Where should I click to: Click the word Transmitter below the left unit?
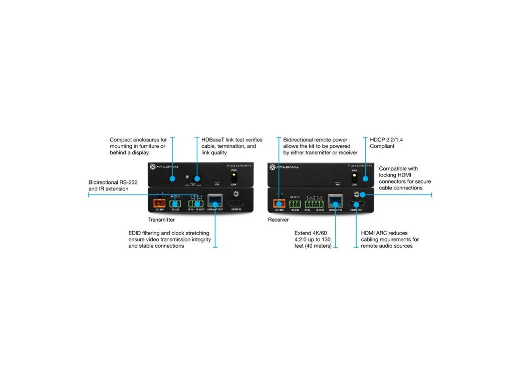pos(161,220)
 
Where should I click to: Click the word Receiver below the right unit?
pos(278,220)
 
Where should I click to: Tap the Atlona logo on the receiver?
pos(284,166)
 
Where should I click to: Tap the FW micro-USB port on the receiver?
pos(337,180)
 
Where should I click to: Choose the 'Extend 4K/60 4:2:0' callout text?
pos(313,240)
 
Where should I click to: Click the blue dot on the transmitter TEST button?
pos(197,178)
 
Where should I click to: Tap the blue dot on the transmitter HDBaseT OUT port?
pos(215,204)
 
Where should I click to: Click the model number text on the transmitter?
pos(239,166)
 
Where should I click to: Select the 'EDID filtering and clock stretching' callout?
pos(169,240)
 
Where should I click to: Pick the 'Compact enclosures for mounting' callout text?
pos(138,146)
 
